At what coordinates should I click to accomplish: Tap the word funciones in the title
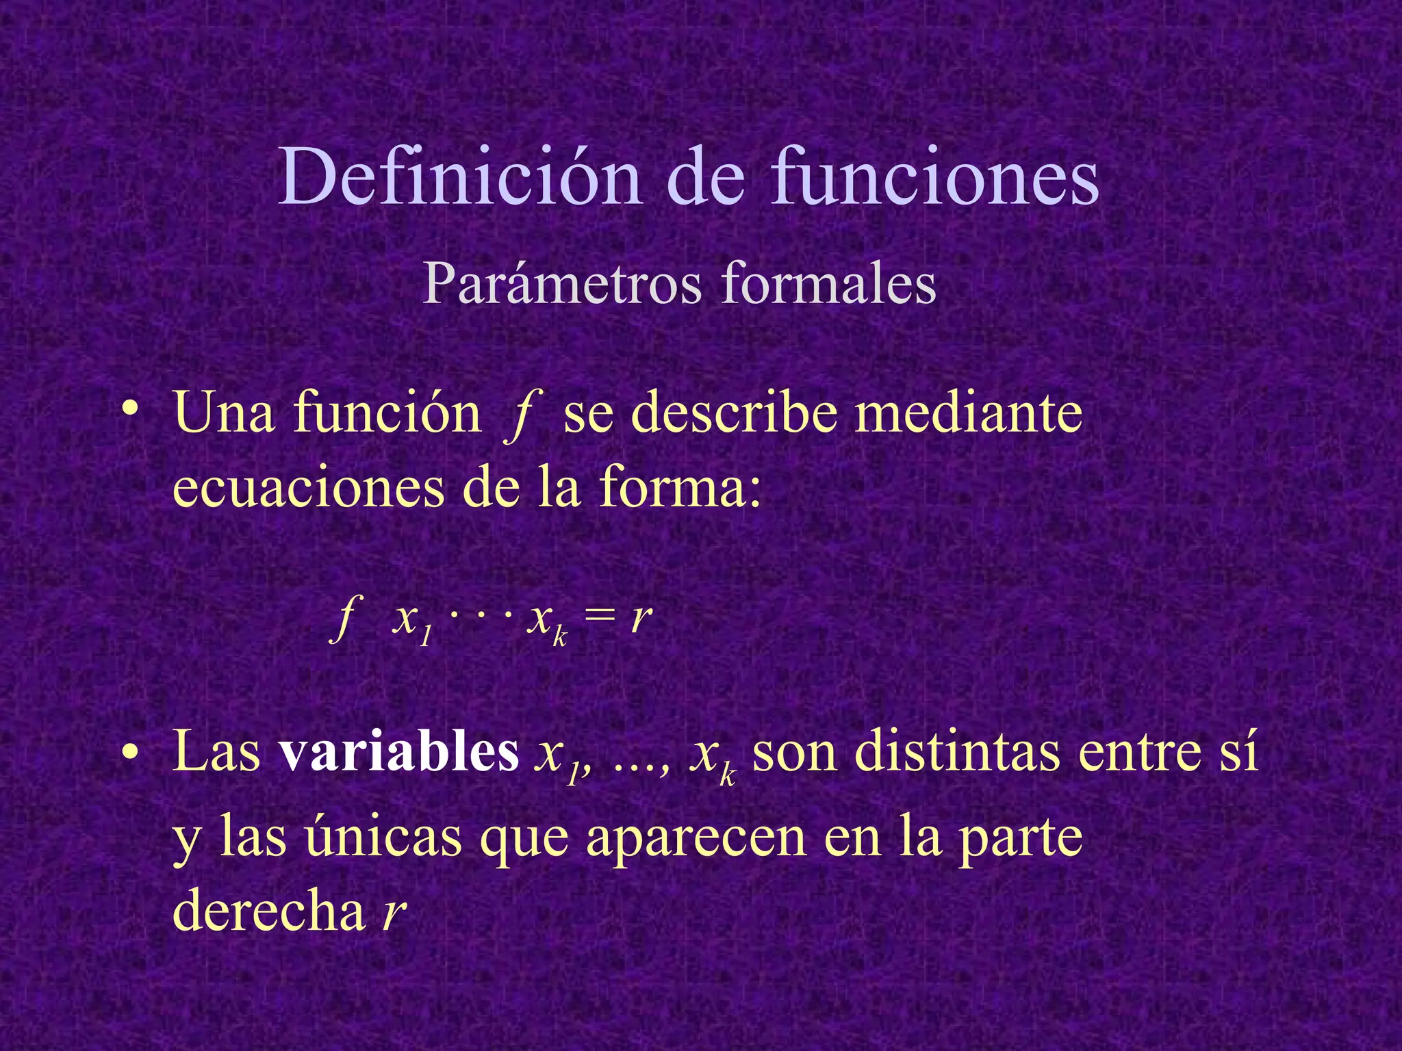coord(934,177)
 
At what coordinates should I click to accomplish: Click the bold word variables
coord(398,751)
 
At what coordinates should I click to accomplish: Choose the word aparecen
coord(696,840)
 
